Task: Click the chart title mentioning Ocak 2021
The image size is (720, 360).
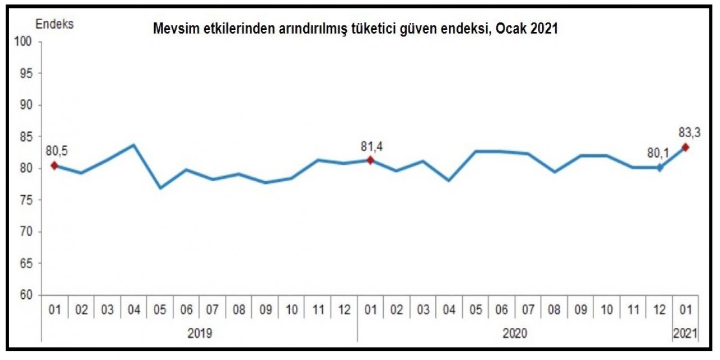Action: coord(355,30)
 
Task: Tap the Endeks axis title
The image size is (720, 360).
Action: coord(55,24)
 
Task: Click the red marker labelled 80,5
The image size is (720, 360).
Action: coord(55,165)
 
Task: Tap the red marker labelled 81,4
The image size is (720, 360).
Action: coord(370,160)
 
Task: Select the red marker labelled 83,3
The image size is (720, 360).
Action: coord(685,147)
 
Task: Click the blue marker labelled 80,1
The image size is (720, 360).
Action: coord(659,168)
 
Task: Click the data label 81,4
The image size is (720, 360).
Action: coord(372,147)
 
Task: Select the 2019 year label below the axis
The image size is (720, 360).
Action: coord(200,333)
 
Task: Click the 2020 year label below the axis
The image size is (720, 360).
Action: coord(515,333)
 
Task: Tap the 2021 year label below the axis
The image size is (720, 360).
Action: coord(686,333)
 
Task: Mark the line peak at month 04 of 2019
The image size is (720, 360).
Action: coord(134,145)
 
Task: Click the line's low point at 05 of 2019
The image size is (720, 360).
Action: coord(160,188)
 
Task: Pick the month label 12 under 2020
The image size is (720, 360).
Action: coord(659,309)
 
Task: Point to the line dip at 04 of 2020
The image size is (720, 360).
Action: coord(448,181)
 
